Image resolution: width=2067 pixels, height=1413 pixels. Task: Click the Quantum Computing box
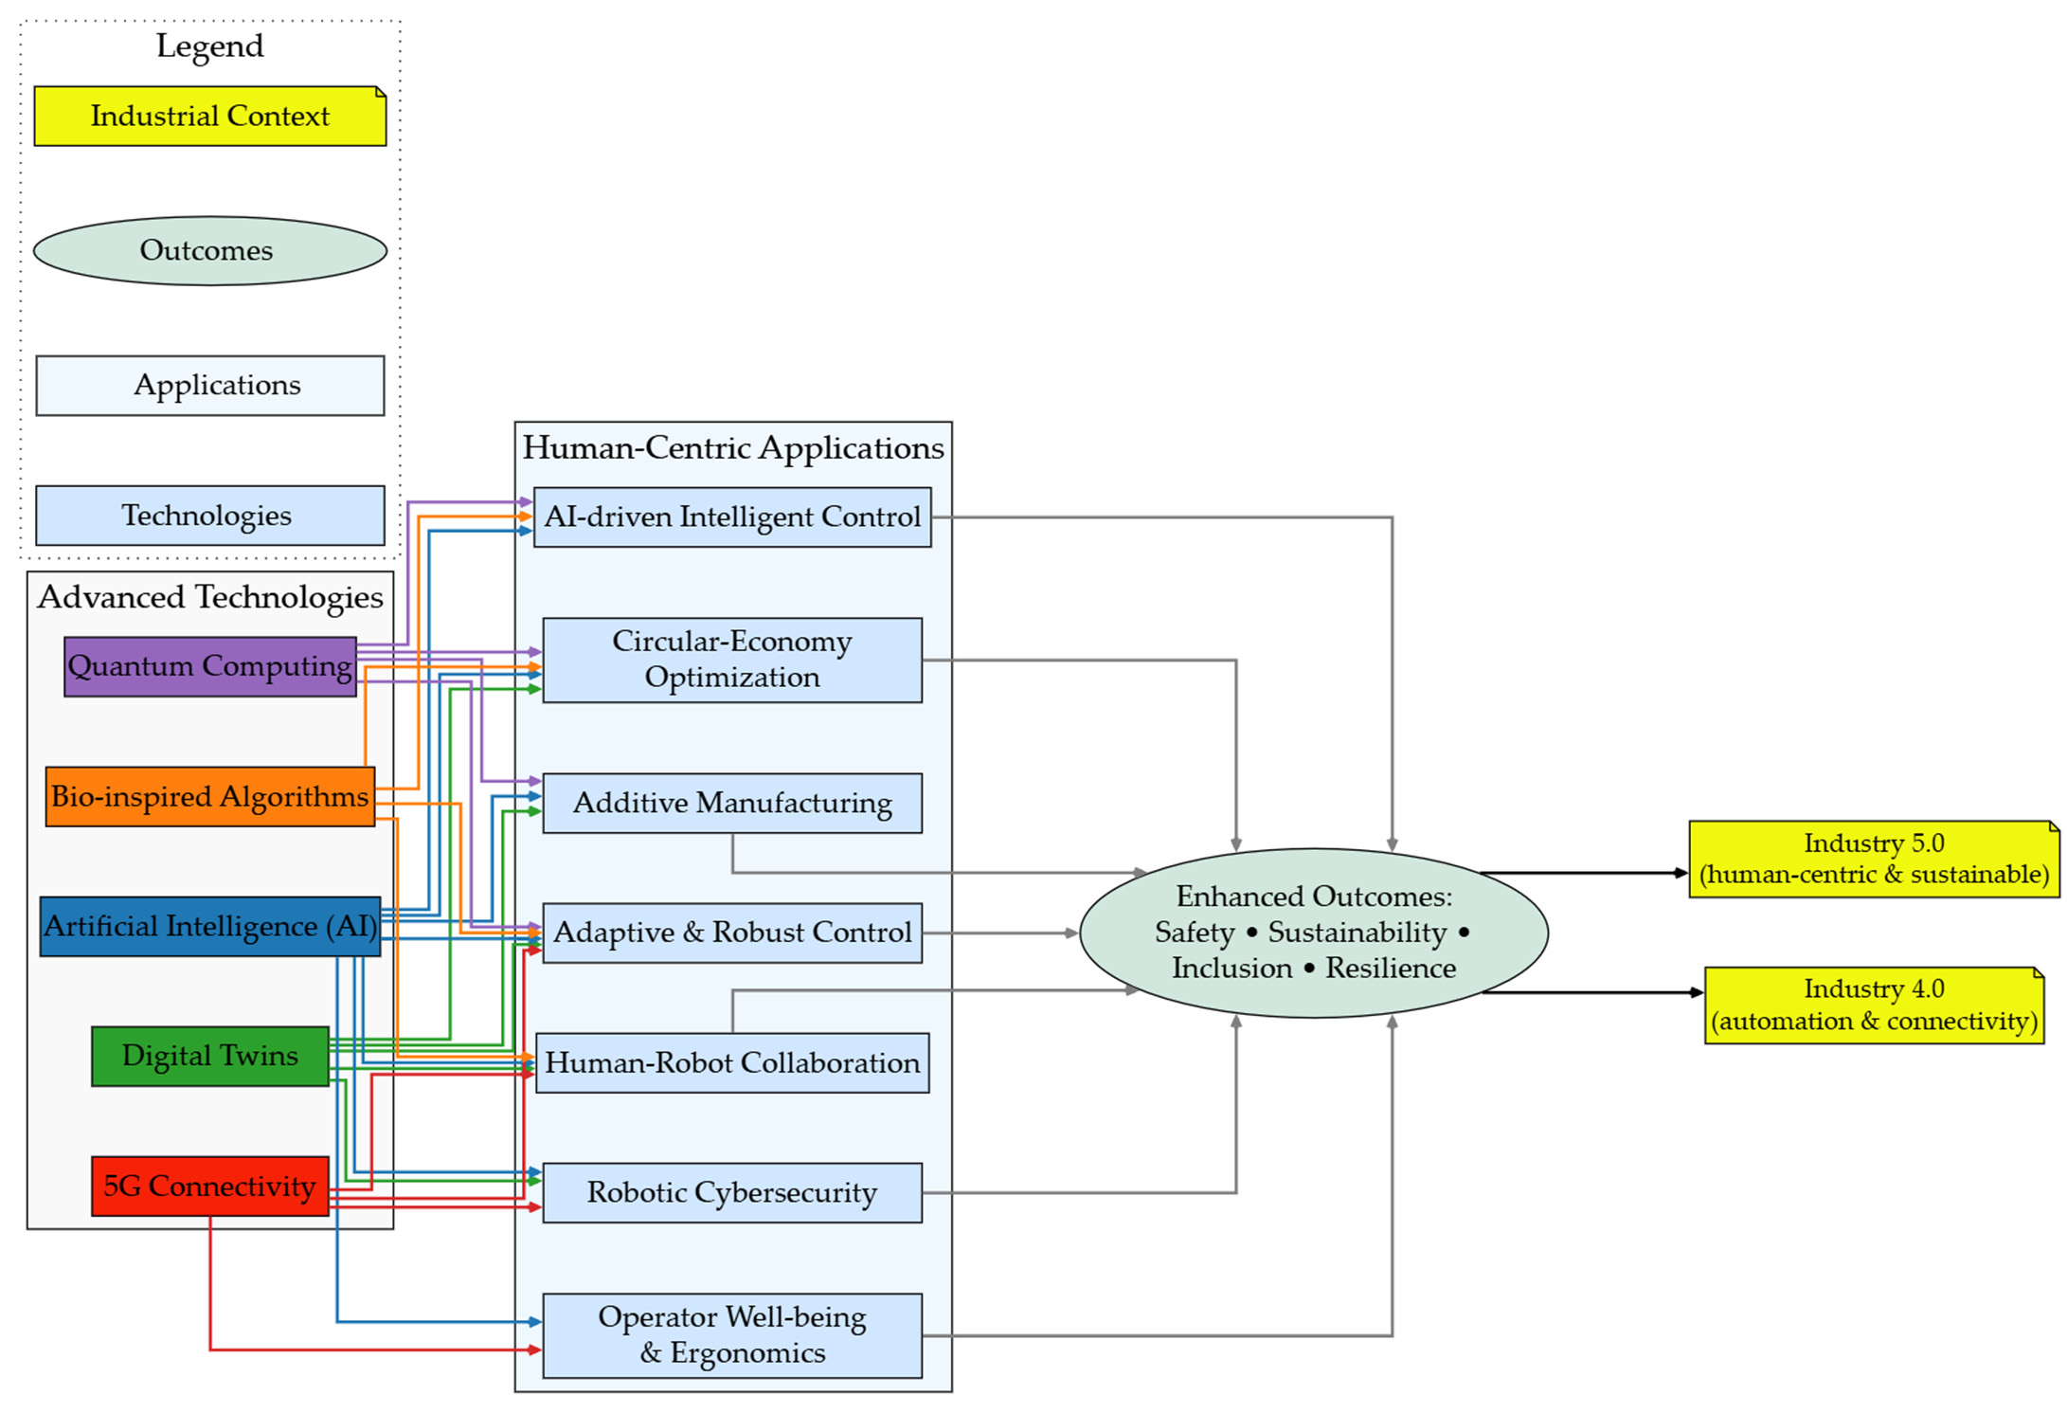tap(210, 666)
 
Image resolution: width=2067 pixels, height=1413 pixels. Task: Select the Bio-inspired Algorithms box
tap(210, 797)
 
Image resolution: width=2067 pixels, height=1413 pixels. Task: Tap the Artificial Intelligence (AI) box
tap(210, 927)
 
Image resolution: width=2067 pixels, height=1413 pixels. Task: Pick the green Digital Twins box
tap(210, 1057)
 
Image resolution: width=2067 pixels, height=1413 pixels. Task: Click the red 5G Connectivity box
tap(210, 1187)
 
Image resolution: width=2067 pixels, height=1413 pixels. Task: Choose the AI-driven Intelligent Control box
tap(732, 517)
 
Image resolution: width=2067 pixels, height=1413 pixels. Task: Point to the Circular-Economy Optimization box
tap(732, 661)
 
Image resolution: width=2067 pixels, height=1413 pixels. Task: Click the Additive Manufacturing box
tap(732, 804)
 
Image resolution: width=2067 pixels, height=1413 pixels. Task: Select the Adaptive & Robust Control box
tap(732, 933)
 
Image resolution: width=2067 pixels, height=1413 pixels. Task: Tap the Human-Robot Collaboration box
tap(732, 1063)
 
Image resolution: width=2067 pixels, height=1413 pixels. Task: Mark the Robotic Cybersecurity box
tap(732, 1193)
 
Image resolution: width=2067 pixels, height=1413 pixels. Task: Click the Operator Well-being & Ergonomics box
tap(732, 1336)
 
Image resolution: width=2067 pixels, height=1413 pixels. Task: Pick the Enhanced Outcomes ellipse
tap(1314, 933)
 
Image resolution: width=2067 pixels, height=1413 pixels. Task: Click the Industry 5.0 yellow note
tap(1874, 860)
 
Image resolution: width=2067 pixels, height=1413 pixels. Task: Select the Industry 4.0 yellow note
tap(1874, 1005)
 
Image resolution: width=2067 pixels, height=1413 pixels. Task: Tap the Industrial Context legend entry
tap(210, 117)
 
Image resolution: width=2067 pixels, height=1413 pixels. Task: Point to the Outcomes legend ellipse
tap(210, 251)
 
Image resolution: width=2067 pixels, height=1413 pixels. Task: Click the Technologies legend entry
tap(210, 516)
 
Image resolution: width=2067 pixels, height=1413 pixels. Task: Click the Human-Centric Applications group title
tap(733, 448)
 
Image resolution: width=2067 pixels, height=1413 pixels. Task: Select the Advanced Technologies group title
tap(210, 597)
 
